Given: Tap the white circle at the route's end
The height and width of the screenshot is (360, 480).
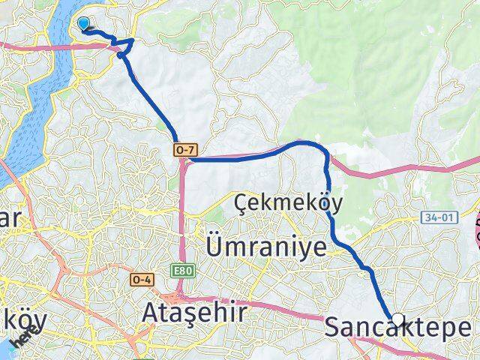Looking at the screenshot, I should [x=397, y=318].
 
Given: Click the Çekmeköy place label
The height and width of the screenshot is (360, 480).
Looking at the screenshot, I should [x=288, y=202].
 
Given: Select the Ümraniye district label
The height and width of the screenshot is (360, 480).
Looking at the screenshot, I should [x=265, y=247].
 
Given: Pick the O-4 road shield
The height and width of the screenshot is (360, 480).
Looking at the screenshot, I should [x=142, y=280].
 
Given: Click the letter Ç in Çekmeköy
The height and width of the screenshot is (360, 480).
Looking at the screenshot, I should [x=242, y=202].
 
